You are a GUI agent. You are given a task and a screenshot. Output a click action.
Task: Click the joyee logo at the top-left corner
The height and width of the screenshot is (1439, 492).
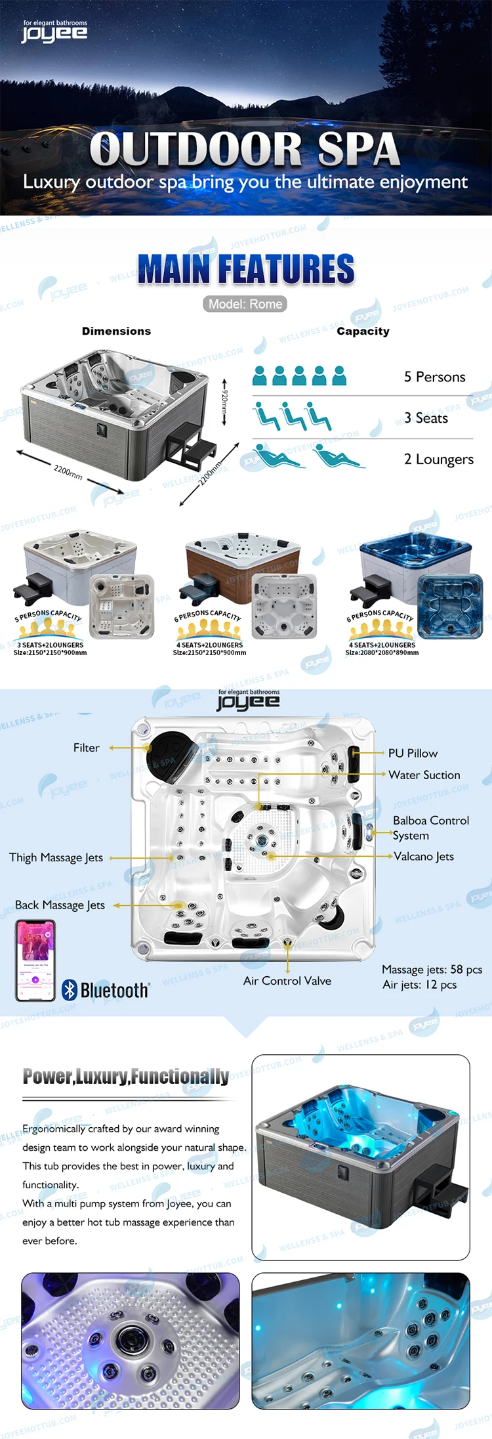click(x=54, y=32)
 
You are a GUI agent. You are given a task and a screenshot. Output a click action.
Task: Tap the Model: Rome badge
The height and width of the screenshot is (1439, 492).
click(x=245, y=304)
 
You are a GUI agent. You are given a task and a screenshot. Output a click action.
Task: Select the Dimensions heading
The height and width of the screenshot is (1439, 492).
click(x=116, y=332)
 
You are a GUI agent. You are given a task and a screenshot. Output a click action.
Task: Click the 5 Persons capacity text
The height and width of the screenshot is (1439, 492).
click(x=434, y=377)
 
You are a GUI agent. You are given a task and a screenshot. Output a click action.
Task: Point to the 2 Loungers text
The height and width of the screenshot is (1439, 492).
click(x=438, y=459)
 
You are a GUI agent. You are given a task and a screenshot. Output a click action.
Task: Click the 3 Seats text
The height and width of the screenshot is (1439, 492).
click(x=426, y=418)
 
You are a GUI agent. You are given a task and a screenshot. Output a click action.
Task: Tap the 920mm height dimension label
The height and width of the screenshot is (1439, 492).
click(x=224, y=401)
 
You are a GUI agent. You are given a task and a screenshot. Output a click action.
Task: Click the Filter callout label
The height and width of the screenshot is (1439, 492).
click(x=87, y=748)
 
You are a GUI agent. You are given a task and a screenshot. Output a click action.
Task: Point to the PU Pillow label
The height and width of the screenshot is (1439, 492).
click(x=413, y=754)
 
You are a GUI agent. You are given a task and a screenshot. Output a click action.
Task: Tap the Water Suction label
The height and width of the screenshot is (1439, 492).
click(x=424, y=775)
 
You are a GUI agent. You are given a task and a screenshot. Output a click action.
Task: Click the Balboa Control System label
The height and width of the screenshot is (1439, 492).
click(x=430, y=828)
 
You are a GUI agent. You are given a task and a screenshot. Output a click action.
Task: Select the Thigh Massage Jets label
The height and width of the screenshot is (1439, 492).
click(x=56, y=857)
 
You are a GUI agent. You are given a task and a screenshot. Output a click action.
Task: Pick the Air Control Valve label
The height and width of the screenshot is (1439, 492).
click(x=287, y=981)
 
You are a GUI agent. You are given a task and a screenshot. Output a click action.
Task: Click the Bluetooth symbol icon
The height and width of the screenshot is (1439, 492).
click(x=70, y=990)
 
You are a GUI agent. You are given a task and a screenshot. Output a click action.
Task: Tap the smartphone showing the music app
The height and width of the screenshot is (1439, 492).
click(x=35, y=960)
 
